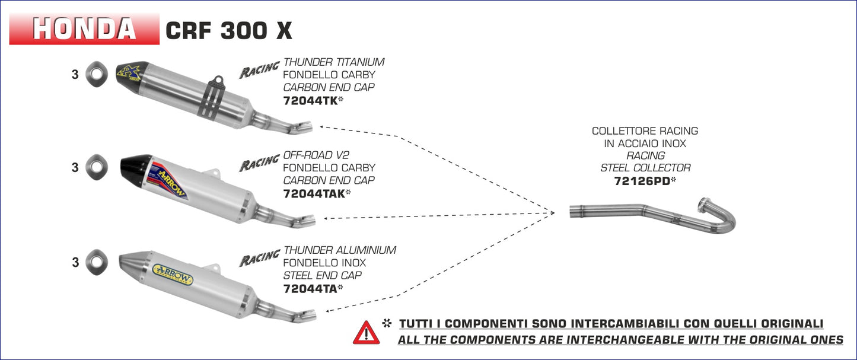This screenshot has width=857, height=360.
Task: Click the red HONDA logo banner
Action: click(x=84, y=28)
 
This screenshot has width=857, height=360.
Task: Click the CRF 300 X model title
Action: click(x=228, y=30)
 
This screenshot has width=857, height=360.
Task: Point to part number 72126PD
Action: click(x=642, y=181)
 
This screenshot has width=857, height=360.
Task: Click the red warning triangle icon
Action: click(x=366, y=333)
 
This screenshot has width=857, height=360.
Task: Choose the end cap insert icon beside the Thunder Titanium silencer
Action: click(x=95, y=74)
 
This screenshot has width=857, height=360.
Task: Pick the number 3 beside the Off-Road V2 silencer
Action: click(x=75, y=168)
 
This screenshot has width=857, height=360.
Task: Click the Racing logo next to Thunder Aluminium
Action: click(x=259, y=258)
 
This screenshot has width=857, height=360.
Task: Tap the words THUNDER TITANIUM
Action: click(x=334, y=62)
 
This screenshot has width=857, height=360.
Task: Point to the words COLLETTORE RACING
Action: click(x=645, y=131)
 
